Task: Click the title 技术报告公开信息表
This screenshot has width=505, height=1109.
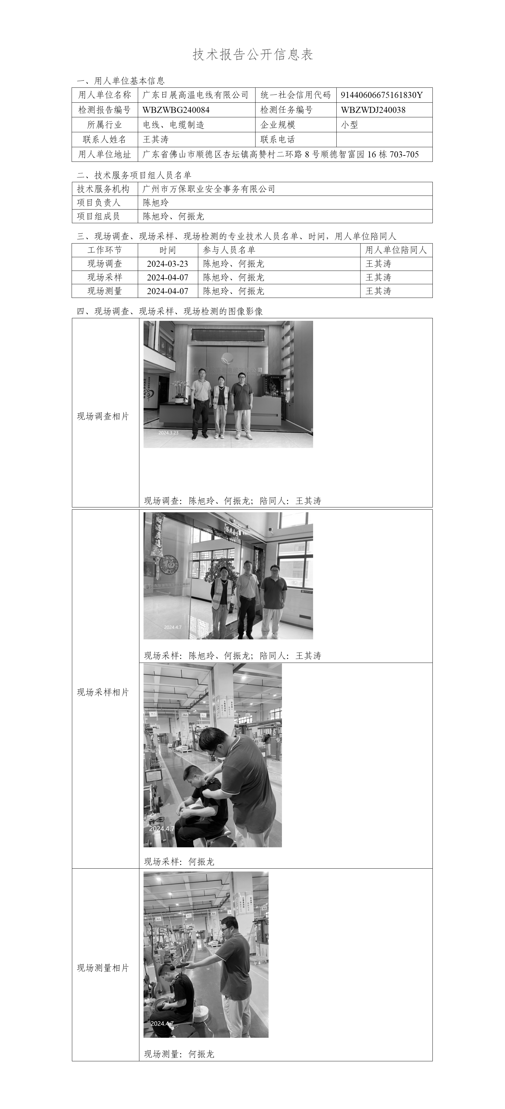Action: pos(253,55)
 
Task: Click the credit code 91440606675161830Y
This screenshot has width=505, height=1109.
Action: pos(381,95)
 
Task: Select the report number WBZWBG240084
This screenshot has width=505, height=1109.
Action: pos(176,110)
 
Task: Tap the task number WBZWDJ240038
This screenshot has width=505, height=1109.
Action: pos(373,110)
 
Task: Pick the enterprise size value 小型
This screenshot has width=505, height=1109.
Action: pos(349,125)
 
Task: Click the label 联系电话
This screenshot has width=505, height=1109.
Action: pos(278,140)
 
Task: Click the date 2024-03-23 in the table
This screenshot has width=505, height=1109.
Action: pos(168,264)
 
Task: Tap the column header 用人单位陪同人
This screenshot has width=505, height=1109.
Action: pos(396,250)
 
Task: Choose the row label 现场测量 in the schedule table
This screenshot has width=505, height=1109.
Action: pos(105,291)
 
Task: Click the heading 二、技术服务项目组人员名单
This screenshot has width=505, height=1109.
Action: pos(134,175)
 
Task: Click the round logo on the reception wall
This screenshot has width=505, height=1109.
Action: pos(226,358)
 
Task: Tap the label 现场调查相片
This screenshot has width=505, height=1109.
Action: pos(103,416)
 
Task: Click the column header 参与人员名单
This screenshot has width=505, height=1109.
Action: pos(229,250)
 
